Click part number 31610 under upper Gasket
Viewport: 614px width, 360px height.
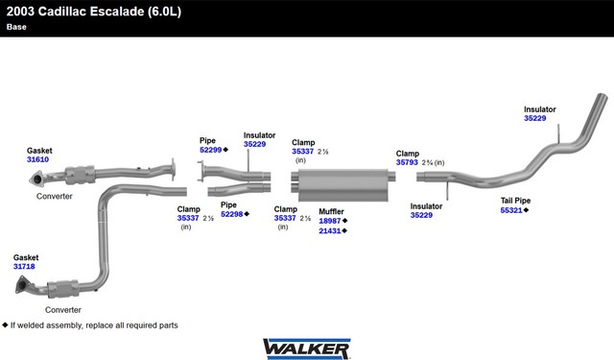[x=38, y=159]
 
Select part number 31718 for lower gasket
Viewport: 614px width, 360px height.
[x=24, y=266]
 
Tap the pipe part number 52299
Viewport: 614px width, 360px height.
[x=211, y=150]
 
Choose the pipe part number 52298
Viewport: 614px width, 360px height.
[x=232, y=214]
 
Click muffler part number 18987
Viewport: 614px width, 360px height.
[x=330, y=221]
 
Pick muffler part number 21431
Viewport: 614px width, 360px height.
[x=330, y=230]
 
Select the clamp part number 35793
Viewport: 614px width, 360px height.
[x=407, y=162]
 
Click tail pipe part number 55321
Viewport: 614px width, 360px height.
[x=511, y=210]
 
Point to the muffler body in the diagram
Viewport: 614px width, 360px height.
[x=343, y=185]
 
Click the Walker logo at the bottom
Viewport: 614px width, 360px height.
[x=307, y=348]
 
